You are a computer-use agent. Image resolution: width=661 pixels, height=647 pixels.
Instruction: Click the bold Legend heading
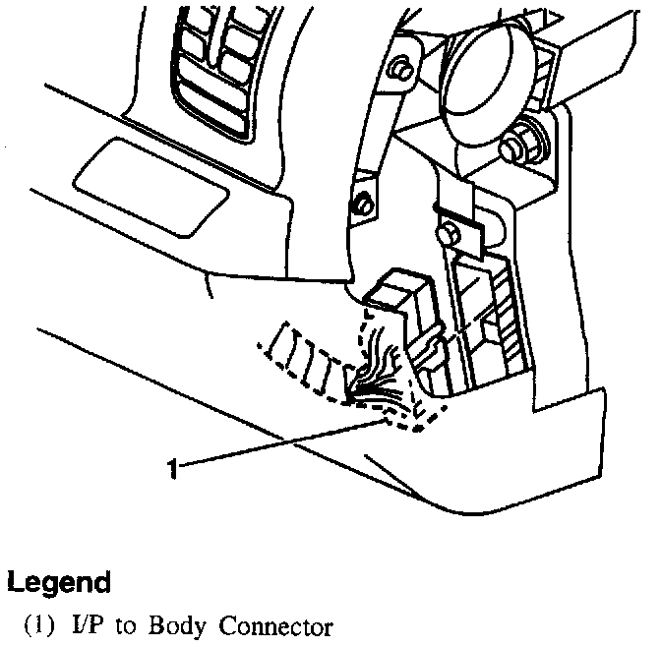[58, 582]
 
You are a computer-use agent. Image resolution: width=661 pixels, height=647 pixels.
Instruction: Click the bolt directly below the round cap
[512, 147]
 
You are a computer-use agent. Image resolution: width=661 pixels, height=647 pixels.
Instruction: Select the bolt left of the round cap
[400, 70]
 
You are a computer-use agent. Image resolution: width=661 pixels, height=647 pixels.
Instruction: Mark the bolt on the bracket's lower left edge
[361, 204]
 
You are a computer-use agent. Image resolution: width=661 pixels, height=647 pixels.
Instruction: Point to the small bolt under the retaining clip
[448, 234]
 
